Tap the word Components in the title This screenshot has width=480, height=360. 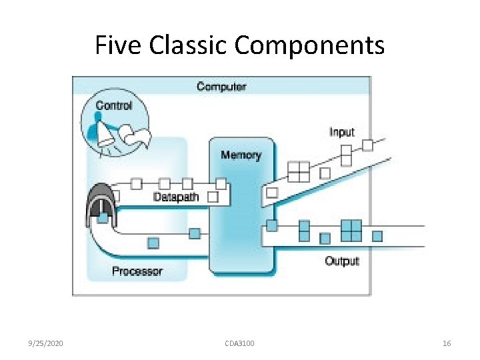(x=309, y=45)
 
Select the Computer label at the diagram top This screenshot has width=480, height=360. (x=221, y=87)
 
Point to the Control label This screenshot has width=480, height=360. (x=114, y=105)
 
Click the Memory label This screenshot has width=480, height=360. (x=241, y=155)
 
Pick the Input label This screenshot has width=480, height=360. (x=341, y=132)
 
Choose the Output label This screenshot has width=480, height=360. (x=341, y=261)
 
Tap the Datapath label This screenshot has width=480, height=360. (x=176, y=197)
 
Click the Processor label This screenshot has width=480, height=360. (x=137, y=271)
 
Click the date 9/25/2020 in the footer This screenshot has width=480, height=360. (x=46, y=343)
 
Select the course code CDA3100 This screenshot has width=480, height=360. (x=239, y=343)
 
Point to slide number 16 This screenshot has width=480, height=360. (x=447, y=343)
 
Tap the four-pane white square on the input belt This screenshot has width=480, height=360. (x=299, y=172)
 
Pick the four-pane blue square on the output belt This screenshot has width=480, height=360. (x=351, y=230)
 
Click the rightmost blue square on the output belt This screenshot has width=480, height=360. (x=377, y=235)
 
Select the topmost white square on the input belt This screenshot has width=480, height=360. (x=367, y=145)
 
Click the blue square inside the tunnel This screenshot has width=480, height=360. (x=103, y=217)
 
